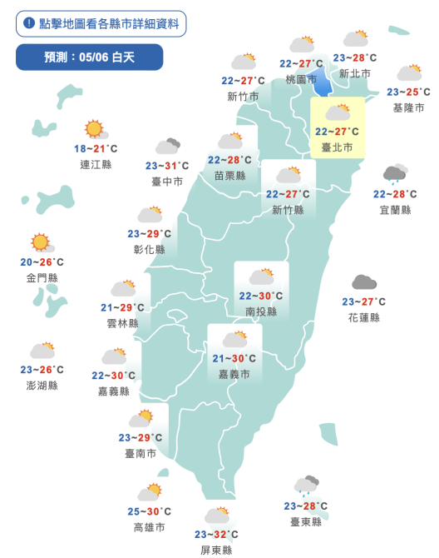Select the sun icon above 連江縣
pyautogui.click(x=94, y=130)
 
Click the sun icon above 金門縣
pyautogui.click(x=40, y=243)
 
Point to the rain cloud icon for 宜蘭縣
pyautogui.click(x=394, y=175)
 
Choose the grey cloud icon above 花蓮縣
pyautogui.click(x=363, y=283)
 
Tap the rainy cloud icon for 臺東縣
pyautogui.click(x=306, y=486)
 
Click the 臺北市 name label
pyautogui.click(x=337, y=147)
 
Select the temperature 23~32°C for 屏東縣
pyautogui.click(x=216, y=535)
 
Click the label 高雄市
pyautogui.click(x=150, y=528)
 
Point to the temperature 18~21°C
pyautogui.click(x=96, y=149)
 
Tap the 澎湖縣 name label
pyautogui.click(x=42, y=386)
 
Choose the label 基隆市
pyautogui.click(x=408, y=108)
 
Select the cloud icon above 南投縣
pyautogui.click(x=261, y=277)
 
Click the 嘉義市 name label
pyautogui.click(x=234, y=375)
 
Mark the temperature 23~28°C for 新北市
pyautogui.click(x=354, y=58)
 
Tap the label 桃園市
pyautogui.click(x=301, y=79)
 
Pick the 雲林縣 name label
pyautogui.click(x=123, y=323)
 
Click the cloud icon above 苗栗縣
pyautogui.click(x=230, y=141)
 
